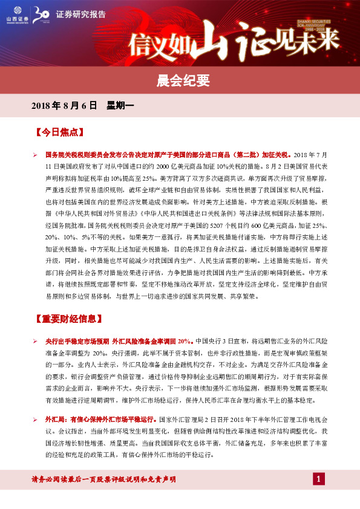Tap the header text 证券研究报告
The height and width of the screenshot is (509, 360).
pyautogui.click(x=76, y=14)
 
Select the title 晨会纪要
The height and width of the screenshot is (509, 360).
pyautogui.click(x=180, y=80)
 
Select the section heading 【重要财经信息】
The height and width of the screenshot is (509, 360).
pyautogui.click(x=68, y=319)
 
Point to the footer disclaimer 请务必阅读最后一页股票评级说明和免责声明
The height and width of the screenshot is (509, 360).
pyautogui.click(x=103, y=480)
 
